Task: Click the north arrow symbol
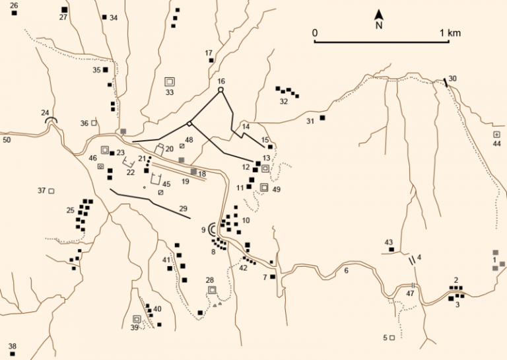click(379, 14)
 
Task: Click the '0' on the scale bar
click(316, 32)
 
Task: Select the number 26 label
click(14, 5)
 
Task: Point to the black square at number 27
click(64, 9)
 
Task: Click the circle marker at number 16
click(221, 90)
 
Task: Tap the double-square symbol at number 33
click(170, 81)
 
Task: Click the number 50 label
click(7, 140)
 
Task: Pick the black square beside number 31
click(323, 118)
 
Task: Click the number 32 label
click(284, 102)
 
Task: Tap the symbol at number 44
click(496, 134)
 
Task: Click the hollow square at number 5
click(392, 338)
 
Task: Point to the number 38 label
click(12, 346)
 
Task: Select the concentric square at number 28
click(212, 289)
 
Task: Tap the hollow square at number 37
click(51, 191)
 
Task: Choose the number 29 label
click(183, 208)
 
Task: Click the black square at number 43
click(391, 250)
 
